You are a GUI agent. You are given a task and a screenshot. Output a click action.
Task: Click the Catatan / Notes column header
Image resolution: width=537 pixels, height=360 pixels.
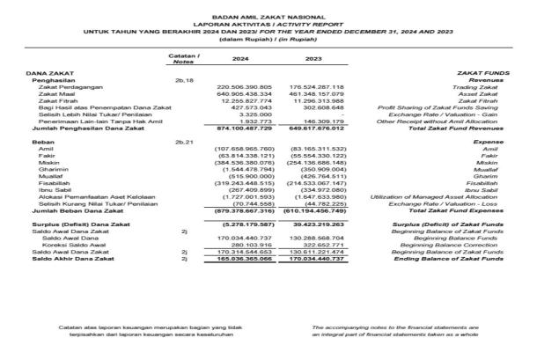[183, 58]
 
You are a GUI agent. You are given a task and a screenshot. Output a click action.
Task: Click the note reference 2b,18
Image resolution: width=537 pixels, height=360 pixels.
[184, 79]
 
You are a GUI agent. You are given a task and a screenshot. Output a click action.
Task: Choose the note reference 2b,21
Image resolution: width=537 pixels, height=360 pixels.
[184, 142]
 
